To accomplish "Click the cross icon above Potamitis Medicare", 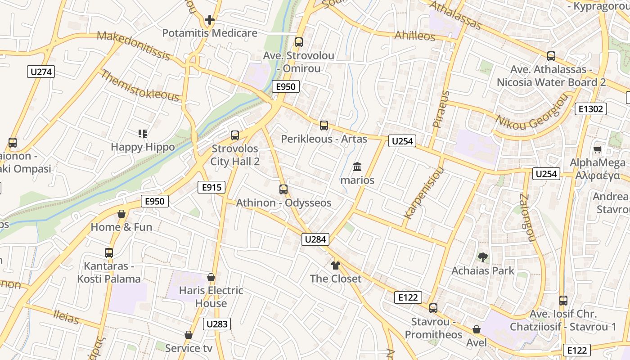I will point(209,20).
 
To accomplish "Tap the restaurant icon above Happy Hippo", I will point(143,134).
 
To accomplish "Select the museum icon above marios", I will point(357,167).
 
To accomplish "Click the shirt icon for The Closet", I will point(335,265).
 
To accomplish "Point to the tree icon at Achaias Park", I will point(483,257).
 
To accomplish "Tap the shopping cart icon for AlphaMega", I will point(598,149).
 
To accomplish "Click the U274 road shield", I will point(41,72).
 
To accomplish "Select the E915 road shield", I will point(211,187).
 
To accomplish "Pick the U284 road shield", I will point(315,239).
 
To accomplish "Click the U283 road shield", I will point(217,324).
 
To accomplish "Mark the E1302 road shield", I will point(591,109).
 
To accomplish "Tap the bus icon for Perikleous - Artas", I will point(324,126).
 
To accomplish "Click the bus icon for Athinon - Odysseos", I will point(283,189).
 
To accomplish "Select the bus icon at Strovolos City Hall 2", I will point(235,135).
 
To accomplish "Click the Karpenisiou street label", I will point(423,193).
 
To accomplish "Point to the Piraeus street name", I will point(441,109).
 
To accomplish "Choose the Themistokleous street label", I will point(140,85).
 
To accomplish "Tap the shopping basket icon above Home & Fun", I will point(121,214).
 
